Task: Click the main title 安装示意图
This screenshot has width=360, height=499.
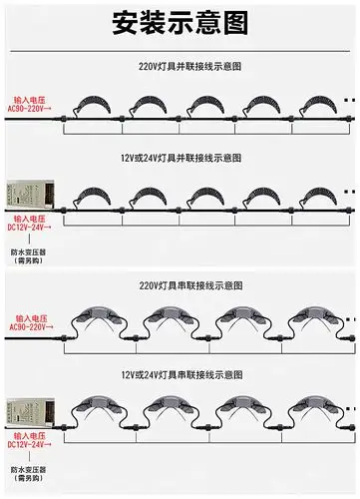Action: pyautogui.click(x=180, y=22)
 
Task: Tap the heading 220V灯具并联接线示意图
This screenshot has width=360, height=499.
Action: pyautogui.click(x=189, y=66)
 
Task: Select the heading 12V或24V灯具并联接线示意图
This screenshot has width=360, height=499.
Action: pyautogui.click(x=189, y=158)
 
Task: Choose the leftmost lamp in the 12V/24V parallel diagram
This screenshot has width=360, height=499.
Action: pyautogui.click(x=87, y=195)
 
